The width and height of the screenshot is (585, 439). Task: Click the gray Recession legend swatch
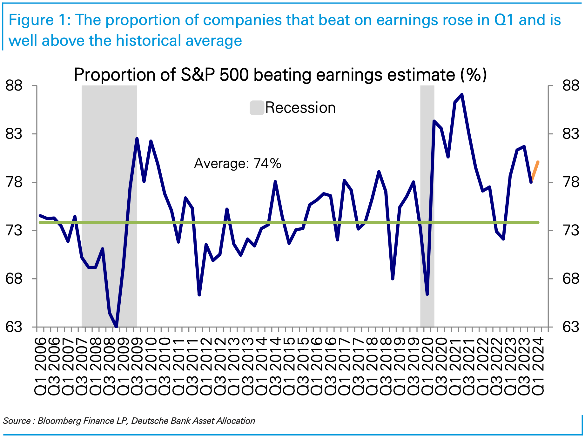coord(257,108)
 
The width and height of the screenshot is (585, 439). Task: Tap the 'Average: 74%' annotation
coord(238,164)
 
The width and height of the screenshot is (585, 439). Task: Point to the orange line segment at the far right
coord(535,172)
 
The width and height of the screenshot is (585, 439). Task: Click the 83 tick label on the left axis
coord(14,134)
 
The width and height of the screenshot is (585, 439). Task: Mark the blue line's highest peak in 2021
coord(462,94)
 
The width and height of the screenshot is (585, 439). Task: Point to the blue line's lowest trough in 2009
coord(116,327)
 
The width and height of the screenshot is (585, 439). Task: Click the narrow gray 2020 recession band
coord(427,206)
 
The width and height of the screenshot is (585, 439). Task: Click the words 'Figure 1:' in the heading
coord(40,20)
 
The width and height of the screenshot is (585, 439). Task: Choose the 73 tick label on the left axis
coord(14,230)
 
